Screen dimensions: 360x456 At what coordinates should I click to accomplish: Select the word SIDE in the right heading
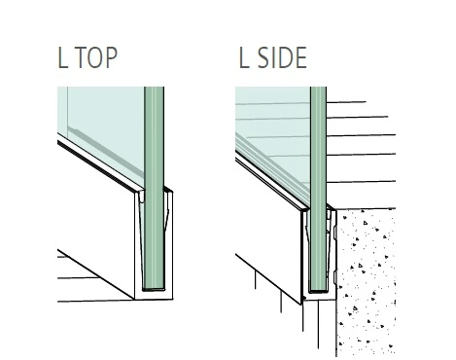pyautogui.click(x=280, y=56)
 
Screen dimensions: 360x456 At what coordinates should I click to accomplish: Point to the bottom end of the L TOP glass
pyautogui.click(x=152, y=288)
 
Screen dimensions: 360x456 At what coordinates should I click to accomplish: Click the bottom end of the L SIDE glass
pyautogui.click(x=318, y=289)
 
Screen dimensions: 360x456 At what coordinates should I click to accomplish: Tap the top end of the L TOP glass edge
pyautogui.click(x=152, y=89)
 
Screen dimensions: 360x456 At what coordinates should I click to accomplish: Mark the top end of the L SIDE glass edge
pyautogui.click(x=318, y=89)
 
